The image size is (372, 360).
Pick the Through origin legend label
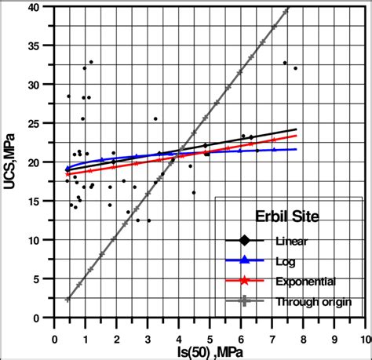pyautogui.click(x=314, y=300)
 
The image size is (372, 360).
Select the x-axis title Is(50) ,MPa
pyautogui.click(x=208, y=353)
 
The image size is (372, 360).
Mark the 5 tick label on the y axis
pyautogui.click(x=45, y=279)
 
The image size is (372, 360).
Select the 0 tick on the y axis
pyautogui.click(x=45, y=318)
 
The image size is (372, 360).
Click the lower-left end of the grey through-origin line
pyautogui.click(x=67, y=300)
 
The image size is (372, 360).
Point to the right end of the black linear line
pyautogui.click(x=296, y=129)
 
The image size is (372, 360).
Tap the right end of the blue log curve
pyautogui.click(x=296, y=149)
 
